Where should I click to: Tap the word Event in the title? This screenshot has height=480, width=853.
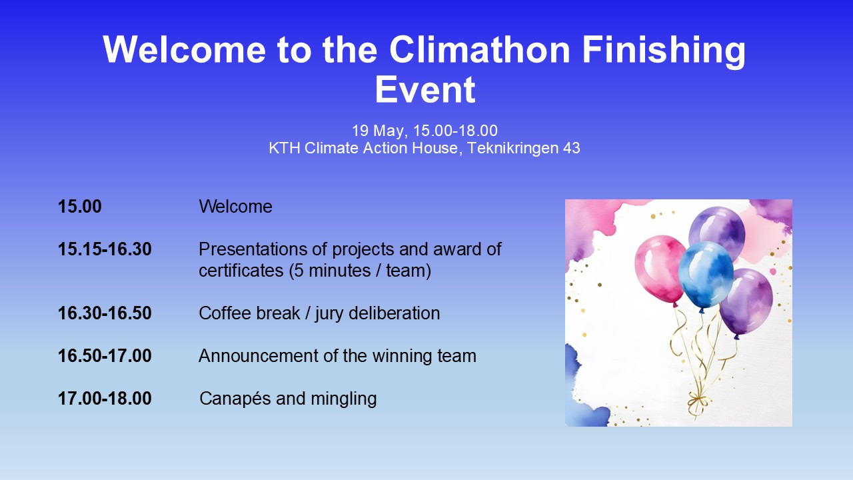click(425, 90)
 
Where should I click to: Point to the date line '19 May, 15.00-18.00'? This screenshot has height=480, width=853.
click(425, 131)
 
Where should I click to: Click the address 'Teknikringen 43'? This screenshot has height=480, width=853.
click(523, 148)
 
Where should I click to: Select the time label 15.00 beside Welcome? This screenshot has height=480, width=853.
click(80, 207)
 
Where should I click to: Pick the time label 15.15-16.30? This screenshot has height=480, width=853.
click(105, 250)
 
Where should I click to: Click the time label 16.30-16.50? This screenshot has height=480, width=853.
click(105, 313)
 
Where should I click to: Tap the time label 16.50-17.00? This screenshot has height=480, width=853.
click(105, 356)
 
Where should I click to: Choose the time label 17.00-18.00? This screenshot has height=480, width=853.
click(105, 399)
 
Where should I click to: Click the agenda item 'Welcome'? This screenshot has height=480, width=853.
click(235, 207)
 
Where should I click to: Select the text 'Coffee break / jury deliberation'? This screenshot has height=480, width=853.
click(319, 313)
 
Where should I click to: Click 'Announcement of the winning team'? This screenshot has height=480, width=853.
click(337, 356)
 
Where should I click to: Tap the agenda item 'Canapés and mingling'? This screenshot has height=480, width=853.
click(288, 399)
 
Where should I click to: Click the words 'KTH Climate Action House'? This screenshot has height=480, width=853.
click(365, 148)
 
